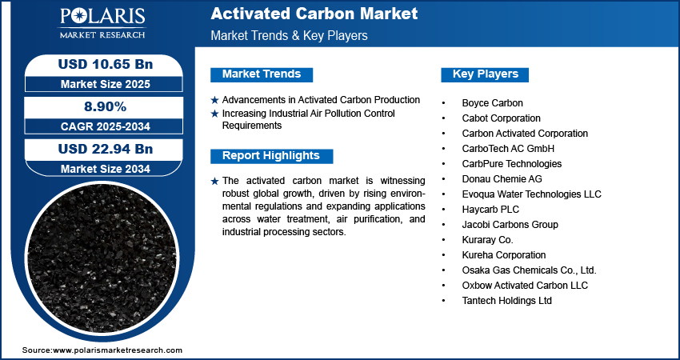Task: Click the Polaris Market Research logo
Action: pyautogui.click(x=102, y=22)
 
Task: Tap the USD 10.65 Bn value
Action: pyautogui.click(x=106, y=64)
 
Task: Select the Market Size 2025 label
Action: pyautogui.click(x=106, y=84)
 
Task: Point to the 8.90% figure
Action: pyautogui.click(x=105, y=106)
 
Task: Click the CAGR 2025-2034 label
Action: pyautogui.click(x=106, y=126)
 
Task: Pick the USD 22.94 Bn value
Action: pyautogui.click(x=106, y=150)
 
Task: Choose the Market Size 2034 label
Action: pyautogui.click(x=106, y=169)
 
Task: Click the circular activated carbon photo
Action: pyautogui.click(x=102, y=258)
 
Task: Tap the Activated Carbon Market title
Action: pyautogui.click(x=314, y=14)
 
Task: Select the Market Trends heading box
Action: pyautogui.click(x=262, y=74)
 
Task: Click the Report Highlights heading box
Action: pyautogui.click(x=271, y=156)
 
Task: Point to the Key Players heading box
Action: pyautogui.click(x=485, y=74)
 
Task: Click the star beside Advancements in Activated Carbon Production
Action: pyautogui.click(x=214, y=100)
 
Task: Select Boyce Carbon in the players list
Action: pyautogui.click(x=492, y=103)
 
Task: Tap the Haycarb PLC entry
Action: pyautogui.click(x=490, y=210)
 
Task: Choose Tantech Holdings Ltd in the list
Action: pyautogui.click(x=507, y=301)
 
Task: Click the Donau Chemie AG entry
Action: pyautogui.click(x=502, y=179)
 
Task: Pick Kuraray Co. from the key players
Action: pyautogui.click(x=487, y=240)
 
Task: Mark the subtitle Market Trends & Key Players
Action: pyautogui.click(x=290, y=35)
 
